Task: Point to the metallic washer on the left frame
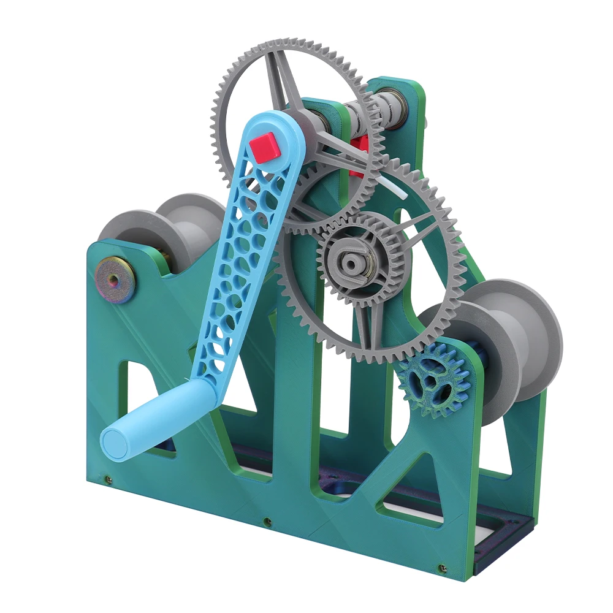(115, 279)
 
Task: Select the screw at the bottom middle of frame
(267, 522)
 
